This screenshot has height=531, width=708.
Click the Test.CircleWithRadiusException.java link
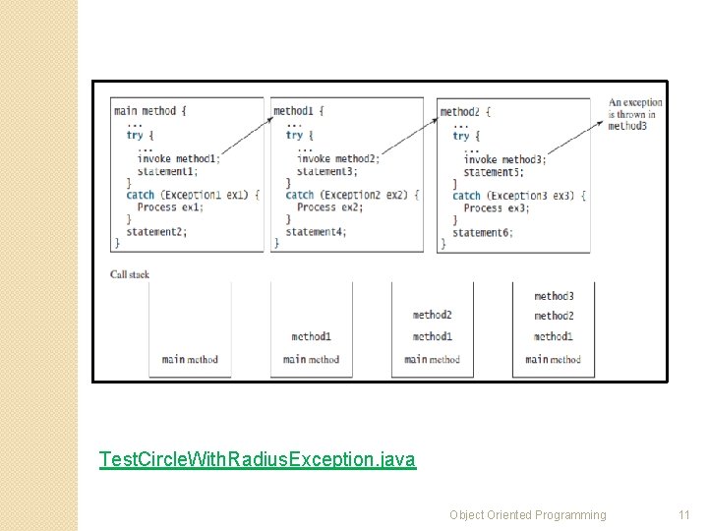258,459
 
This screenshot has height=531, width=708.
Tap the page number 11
684,514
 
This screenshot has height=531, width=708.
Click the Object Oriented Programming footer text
528,514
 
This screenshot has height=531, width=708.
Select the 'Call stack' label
130,274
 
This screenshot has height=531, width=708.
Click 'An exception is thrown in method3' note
634,114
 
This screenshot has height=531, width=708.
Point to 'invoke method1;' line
179,158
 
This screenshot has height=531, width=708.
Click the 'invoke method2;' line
337,158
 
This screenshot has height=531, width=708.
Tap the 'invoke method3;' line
504,159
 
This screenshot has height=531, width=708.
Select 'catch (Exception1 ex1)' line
192,195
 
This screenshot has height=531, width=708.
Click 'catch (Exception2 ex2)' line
351,195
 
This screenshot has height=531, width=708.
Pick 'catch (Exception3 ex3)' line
518,196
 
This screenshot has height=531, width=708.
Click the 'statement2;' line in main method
156,231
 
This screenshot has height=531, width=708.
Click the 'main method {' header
150,111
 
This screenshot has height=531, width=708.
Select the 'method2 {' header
465,112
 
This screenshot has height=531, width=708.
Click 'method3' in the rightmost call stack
554,296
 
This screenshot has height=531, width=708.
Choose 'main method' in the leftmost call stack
190,360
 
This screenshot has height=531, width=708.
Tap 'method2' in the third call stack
433,316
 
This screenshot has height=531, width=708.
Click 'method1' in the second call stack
311,337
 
